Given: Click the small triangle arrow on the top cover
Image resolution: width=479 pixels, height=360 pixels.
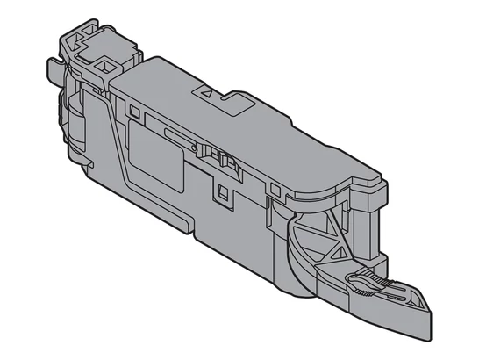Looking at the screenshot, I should point(206,90).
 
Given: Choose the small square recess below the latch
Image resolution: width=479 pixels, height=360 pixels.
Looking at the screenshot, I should point(222,188).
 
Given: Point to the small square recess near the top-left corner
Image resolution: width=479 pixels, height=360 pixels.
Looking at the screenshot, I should point(135,112).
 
